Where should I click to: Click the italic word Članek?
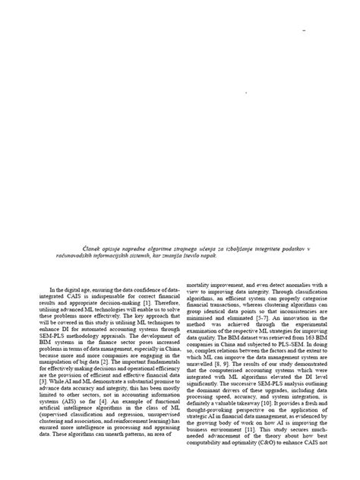[x=71, y=249]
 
